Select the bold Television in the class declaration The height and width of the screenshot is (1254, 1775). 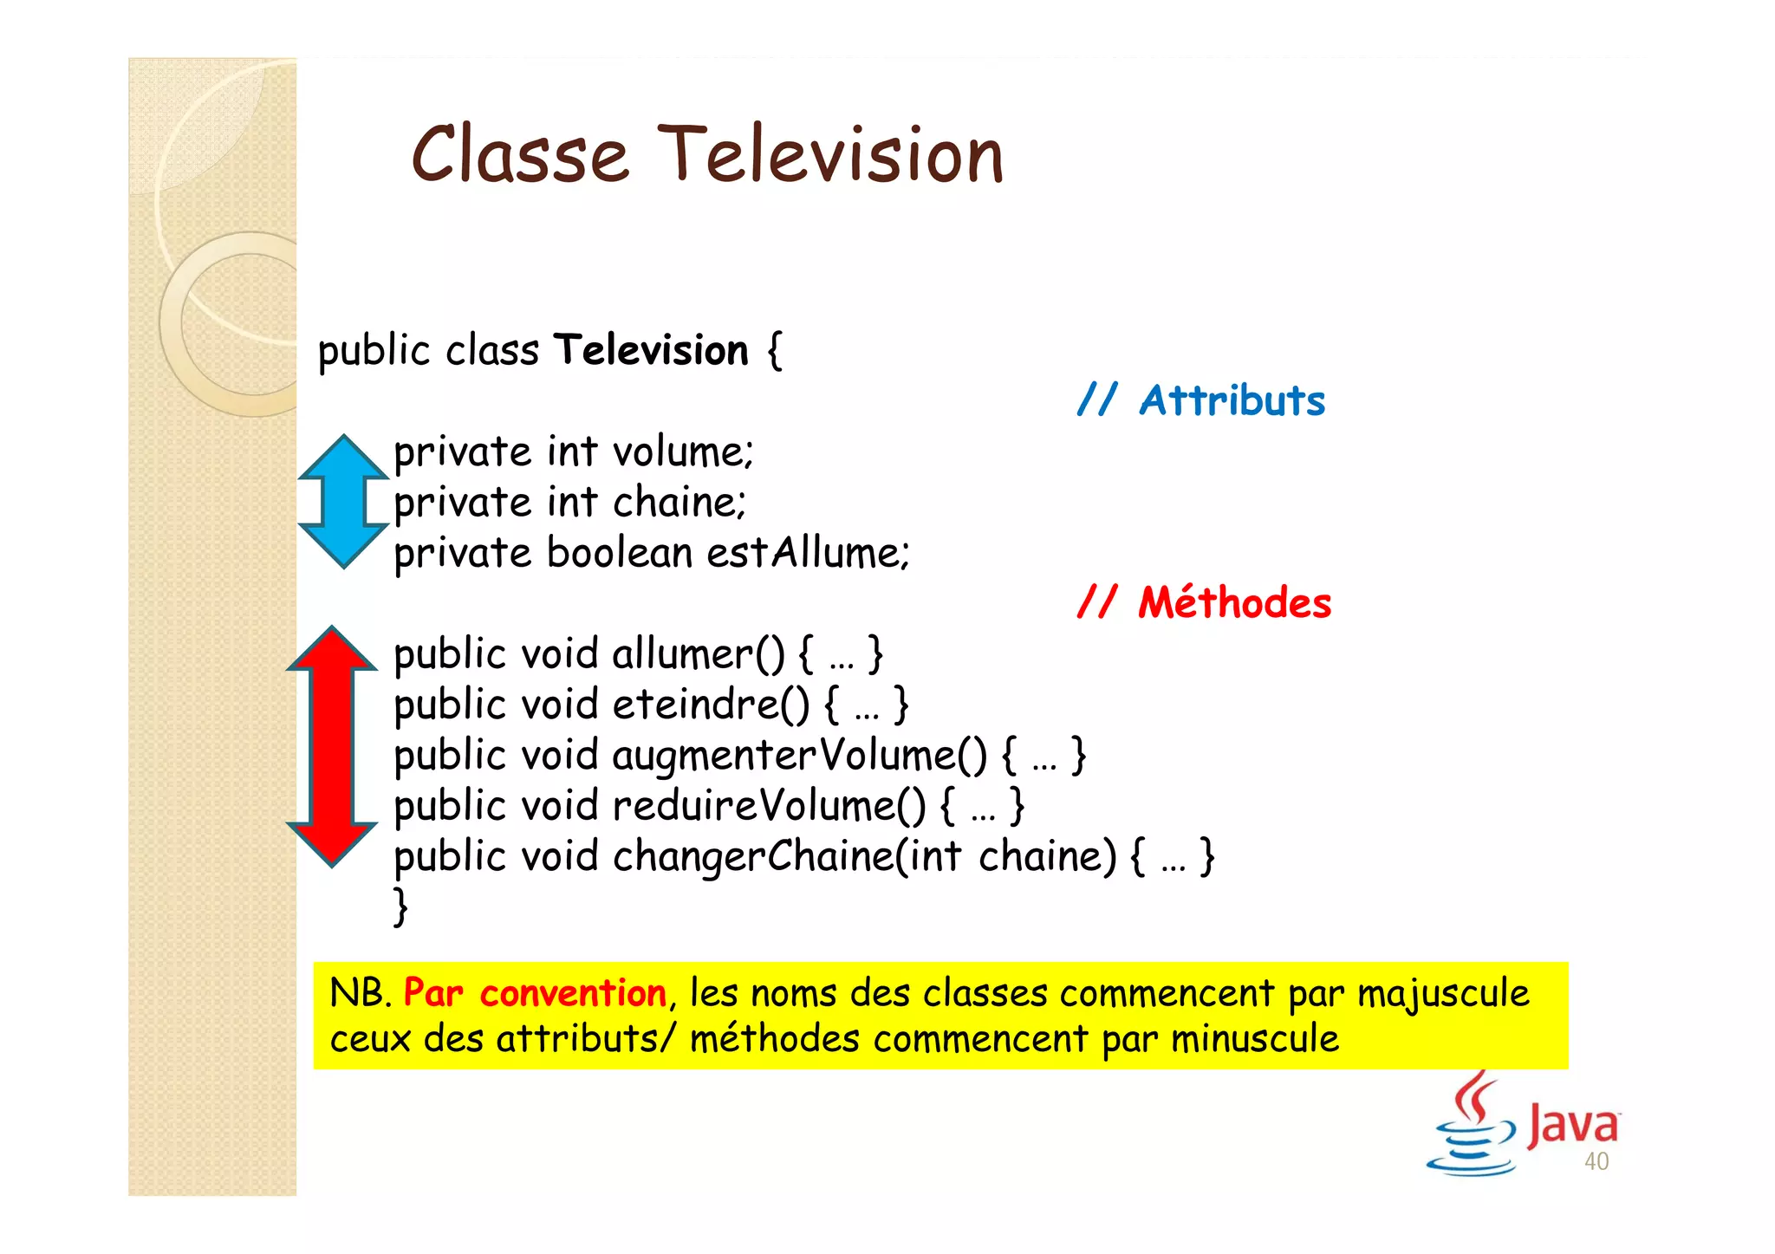(651, 350)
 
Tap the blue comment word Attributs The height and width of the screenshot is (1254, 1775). (1232, 401)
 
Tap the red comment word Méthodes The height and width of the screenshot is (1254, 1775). (1234, 602)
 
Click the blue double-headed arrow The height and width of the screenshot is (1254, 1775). (343, 501)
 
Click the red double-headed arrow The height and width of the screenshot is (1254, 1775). (332, 745)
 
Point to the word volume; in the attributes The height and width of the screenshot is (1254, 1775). (683, 452)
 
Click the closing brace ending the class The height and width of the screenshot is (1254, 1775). (400, 906)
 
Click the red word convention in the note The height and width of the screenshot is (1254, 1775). (572, 993)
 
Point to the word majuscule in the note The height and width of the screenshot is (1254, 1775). (1442, 993)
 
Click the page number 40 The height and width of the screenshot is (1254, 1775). (1596, 1162)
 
